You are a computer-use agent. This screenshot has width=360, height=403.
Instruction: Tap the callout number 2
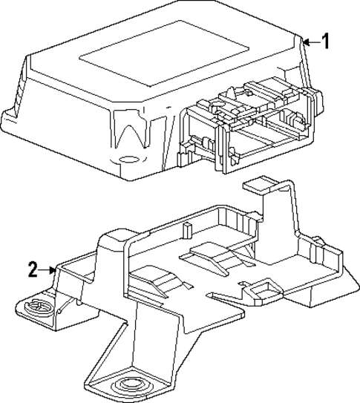33,270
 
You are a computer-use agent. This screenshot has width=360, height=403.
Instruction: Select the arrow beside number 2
50,270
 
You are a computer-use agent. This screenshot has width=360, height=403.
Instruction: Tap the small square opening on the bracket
261,289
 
